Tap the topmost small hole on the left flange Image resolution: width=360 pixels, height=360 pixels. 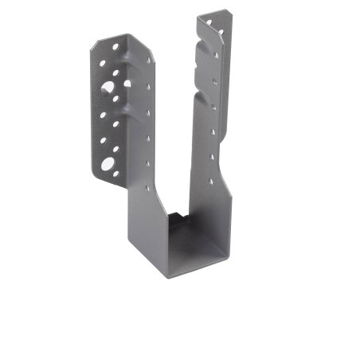pyautogui.click(x=115, y=48)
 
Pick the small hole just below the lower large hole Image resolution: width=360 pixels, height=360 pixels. pyautogui.click(x=116, y=174)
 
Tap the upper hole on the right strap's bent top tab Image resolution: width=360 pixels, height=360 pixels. pyautogui.click(x=210, y=23)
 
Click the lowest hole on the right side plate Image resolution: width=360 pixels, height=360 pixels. pyautogui.click(x=210, y=181)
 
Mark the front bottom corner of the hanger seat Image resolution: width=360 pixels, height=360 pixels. pyautogui.click(x=169, y=275)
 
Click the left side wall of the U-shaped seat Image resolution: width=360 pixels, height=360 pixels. pyautogui.click(x=147, y=231)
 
